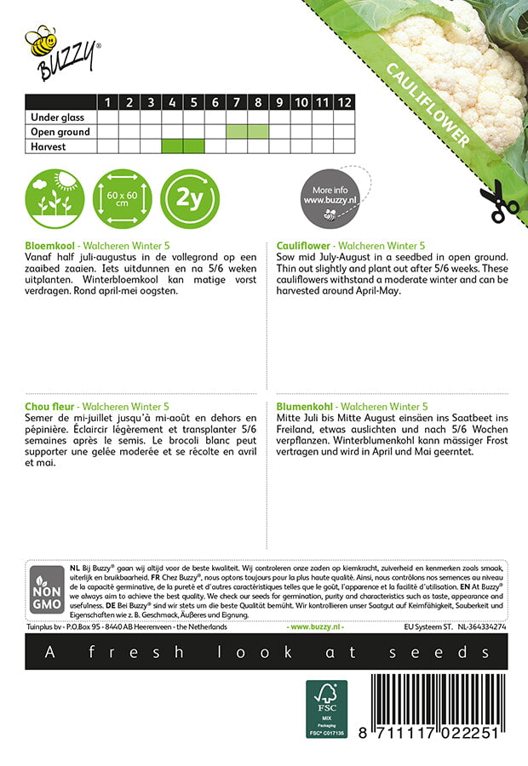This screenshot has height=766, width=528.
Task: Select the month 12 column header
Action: pyautogui.click(x=343, y=102)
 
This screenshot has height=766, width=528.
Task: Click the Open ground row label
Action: pyautogui.click(x=60, y=132)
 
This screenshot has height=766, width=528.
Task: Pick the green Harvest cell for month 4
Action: pyautogui.click(x=172, y=146)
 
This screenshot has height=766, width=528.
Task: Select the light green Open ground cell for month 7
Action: pyautogui.click(x=236, y=132)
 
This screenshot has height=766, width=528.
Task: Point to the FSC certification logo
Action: pyautogui.click(x=327, y=708)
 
